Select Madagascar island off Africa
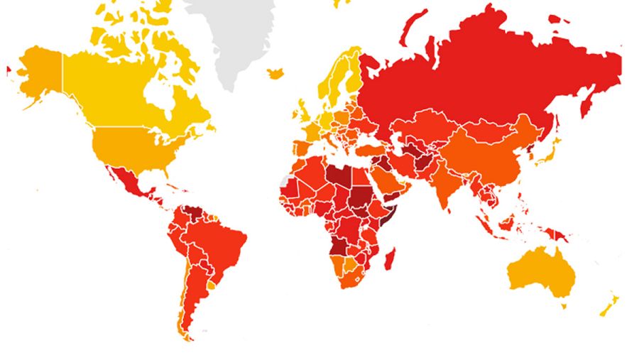coord(390,257)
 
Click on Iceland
coord(275,73)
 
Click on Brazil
coord(220,241)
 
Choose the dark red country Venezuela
coord(191,213)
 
